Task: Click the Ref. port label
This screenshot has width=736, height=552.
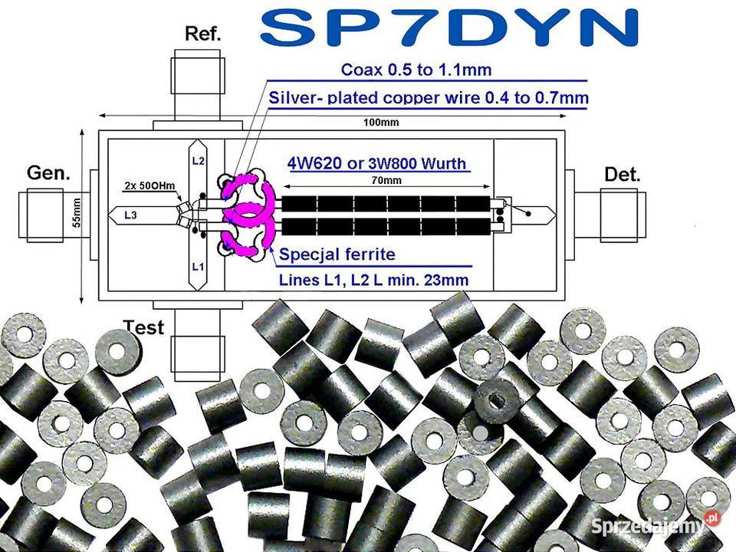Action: click(203, 34)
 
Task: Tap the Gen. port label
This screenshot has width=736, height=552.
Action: click(48, 172)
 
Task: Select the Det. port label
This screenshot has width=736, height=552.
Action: click(622, 174)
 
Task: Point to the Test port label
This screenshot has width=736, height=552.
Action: click(143, 327)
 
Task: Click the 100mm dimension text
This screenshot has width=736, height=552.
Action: click(382, 123)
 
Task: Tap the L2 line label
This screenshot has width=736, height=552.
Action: click(198, 161)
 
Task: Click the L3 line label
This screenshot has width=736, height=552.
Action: click(130, 215)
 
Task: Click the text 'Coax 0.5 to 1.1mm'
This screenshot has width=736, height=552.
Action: click(416, 71)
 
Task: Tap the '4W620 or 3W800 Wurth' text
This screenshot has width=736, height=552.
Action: click(378, 163)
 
